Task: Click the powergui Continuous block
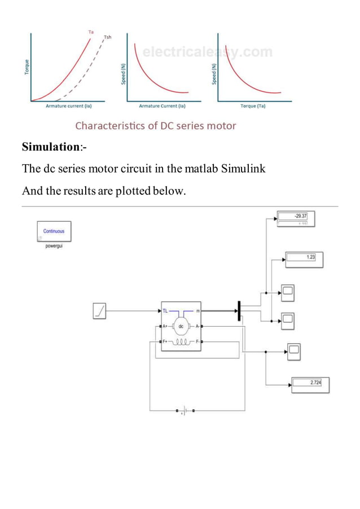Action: pos(54,231)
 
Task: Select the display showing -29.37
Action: pos(295,216)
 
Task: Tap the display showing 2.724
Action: pos(310,385)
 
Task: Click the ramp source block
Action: pos(99,311)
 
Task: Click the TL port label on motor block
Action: pos(165,311)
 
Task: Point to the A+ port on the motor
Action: pos(164,326)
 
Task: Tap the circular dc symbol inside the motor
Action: pos(181,326)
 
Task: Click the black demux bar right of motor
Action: pos(239,311)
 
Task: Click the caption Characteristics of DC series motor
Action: pos(156,125)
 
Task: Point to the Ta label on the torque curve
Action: pos(91,32)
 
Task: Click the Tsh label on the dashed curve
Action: pos(107,37)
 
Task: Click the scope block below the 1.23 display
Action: pos(288,292)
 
